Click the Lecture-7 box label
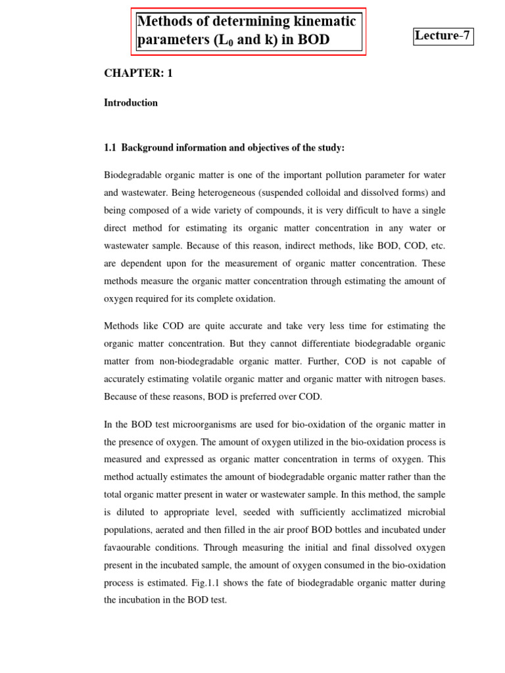pos(443,36)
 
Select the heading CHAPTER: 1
pos(138,74)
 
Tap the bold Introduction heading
pos(131,103)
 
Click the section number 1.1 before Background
pos(110,148)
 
